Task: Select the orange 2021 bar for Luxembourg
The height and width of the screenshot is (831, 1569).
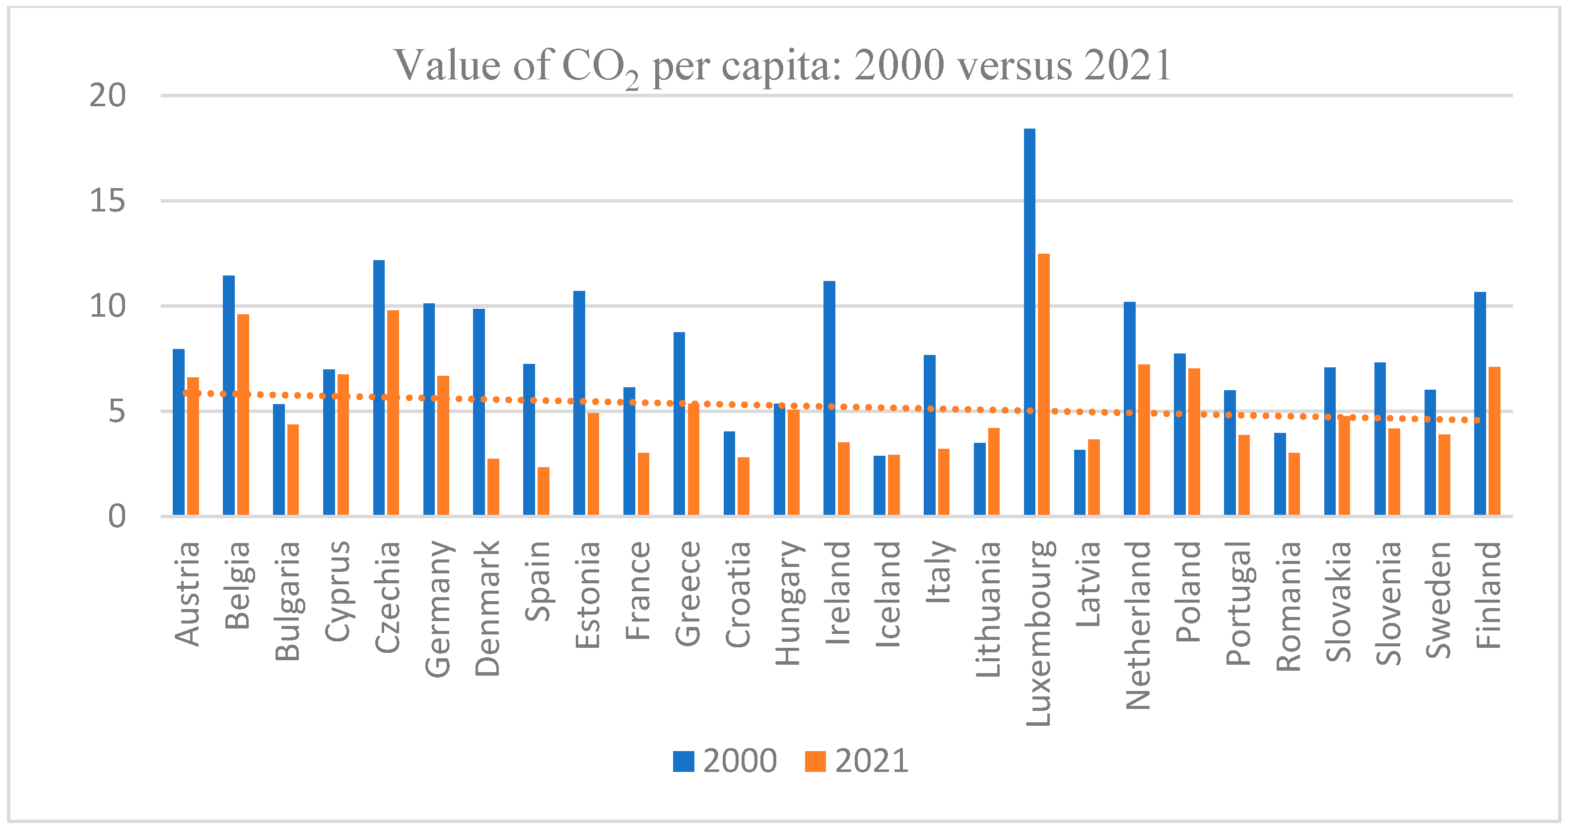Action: [1044, 384]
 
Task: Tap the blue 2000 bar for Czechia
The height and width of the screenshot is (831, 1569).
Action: [379, 388]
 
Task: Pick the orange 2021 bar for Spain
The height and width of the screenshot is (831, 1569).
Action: [544, 491]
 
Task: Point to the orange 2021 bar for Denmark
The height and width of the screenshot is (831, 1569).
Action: [493, 487]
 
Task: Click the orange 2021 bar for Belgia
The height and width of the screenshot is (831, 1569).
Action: [243, 415]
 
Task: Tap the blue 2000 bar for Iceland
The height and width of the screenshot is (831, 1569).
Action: [880, 485]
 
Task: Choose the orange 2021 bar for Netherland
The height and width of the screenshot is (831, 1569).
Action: [1144, 439]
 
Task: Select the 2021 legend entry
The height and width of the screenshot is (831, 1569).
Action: [858, 761]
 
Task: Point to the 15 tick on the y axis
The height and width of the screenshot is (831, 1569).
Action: [108, 201]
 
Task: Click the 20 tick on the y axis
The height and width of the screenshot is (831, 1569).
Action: [108, 96]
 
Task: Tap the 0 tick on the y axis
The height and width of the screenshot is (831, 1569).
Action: [117, 517]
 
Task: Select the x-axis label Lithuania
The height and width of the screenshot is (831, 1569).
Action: [988, 609]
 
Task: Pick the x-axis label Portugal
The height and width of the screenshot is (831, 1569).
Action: [1237, 603]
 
